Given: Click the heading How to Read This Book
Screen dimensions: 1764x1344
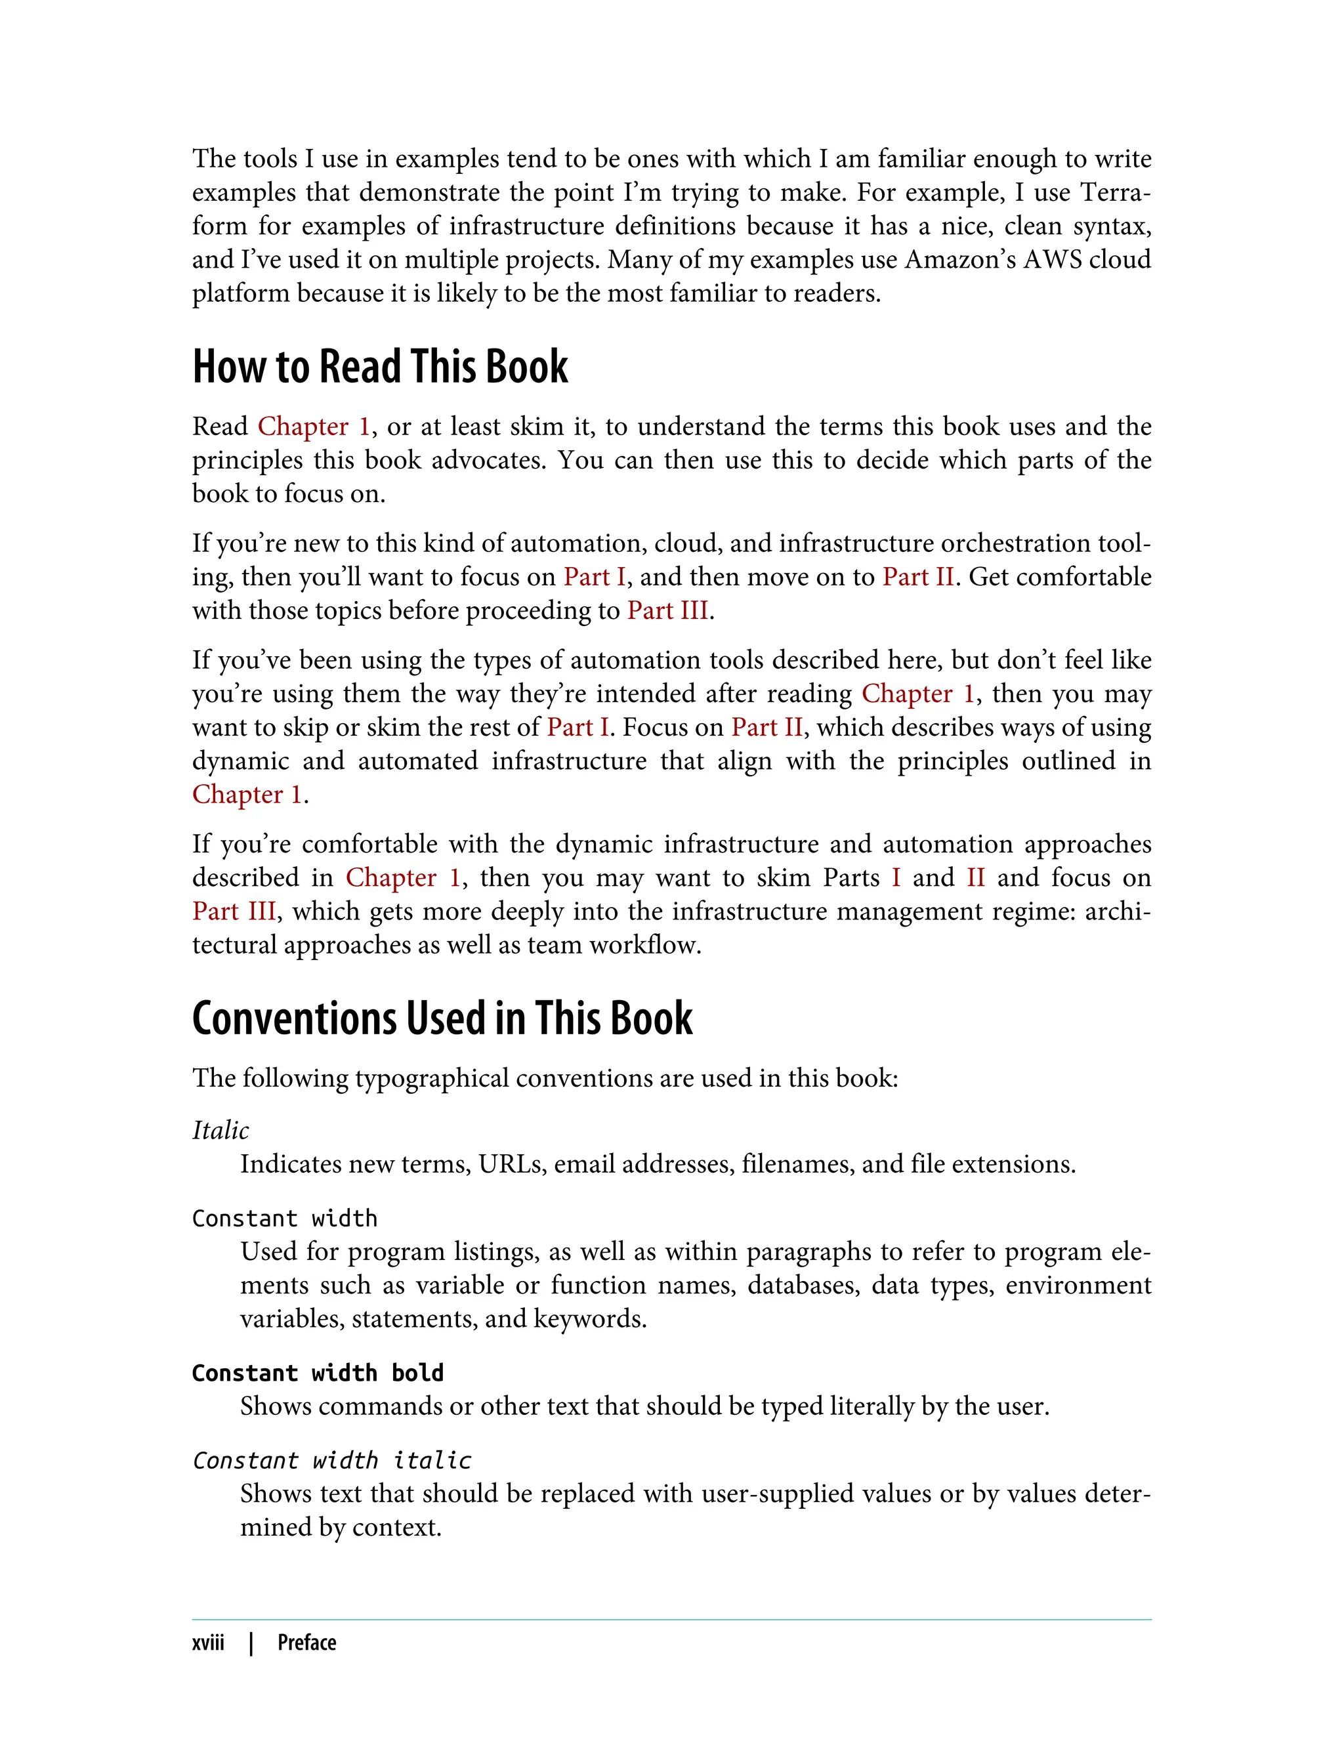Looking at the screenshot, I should [380, 367].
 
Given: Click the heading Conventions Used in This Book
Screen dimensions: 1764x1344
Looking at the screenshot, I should [442, 1019].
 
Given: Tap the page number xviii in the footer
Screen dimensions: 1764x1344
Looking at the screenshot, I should [208, 1643].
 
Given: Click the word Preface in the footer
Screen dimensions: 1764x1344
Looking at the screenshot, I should [306, 1643].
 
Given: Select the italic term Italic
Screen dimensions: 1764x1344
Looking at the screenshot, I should [220, 1131].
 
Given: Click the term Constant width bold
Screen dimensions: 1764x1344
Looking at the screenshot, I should [318, 1373].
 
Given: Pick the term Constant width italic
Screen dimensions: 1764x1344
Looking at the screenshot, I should [332, 1460].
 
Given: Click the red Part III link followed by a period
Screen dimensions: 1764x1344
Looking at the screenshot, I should [668, 610].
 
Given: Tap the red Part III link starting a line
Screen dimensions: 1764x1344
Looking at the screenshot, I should [234, 911].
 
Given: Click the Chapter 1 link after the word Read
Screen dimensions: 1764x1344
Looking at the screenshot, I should [314, 427].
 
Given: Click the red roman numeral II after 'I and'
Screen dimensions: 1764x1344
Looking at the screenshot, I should [975, 877].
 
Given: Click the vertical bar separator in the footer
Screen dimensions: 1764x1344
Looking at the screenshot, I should [251, 1643].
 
